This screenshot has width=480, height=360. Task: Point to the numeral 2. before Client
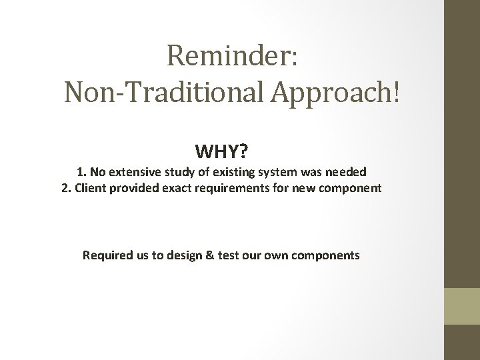tap(65, 188)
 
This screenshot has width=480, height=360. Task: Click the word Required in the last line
tap(106, 255)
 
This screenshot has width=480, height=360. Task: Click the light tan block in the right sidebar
tap(462, 306)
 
